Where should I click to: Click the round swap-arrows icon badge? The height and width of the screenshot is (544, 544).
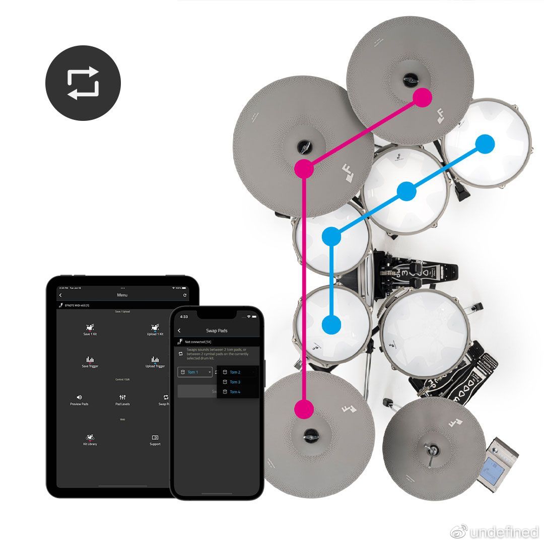click(83, 83)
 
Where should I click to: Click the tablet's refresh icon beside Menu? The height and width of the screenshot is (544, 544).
click(185, 295)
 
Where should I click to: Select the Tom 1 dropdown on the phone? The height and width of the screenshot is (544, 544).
click(194, 372)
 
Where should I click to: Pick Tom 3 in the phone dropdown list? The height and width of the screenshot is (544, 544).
click(235, 382)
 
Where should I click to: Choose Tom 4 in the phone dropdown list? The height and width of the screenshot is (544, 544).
click(235, 392)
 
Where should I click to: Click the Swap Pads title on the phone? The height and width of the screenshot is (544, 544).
click(217, 331)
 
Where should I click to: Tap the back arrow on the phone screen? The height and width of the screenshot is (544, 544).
click(179, 331)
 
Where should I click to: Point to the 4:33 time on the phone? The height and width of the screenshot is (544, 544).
click(184, 317)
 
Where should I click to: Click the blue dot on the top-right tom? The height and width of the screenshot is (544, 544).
click(485, 144)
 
